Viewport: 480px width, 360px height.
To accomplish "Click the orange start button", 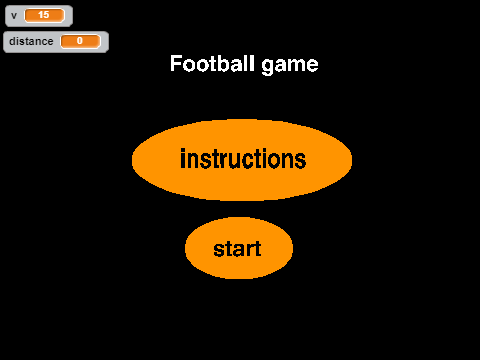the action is coord(239,248).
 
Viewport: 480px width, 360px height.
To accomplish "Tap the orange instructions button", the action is coord(242,160).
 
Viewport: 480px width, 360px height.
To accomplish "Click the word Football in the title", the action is coord(212,63).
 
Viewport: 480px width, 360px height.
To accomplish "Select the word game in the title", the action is coord(290,65).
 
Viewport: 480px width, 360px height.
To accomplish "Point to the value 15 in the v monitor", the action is coord(44,15).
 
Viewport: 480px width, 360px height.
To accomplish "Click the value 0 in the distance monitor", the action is coord(80,41).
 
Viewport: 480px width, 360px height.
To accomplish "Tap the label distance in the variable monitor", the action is coord(31,41).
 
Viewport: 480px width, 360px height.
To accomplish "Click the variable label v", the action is coord(14,16).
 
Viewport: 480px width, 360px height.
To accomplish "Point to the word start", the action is coord(237,249).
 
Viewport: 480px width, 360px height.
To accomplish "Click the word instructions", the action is coord(243,159).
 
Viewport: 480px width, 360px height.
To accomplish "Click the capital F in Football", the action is coord(176,63).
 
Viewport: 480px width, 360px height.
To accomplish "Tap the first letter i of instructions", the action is coord(183,159).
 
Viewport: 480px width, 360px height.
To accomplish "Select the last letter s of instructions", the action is coord(300,161).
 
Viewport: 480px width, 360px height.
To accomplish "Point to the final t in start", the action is coord(257,249).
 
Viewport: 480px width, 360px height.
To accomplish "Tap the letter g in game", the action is coord(267,67).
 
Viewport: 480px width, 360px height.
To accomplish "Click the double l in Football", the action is coord(249,63).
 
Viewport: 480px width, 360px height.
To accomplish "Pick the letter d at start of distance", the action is coord(13,41).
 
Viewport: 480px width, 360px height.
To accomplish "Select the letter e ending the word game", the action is coord(313,65).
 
